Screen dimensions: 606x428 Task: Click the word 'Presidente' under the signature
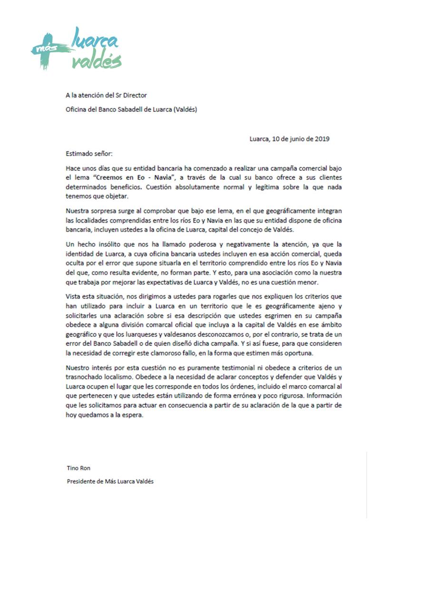[80, 481]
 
